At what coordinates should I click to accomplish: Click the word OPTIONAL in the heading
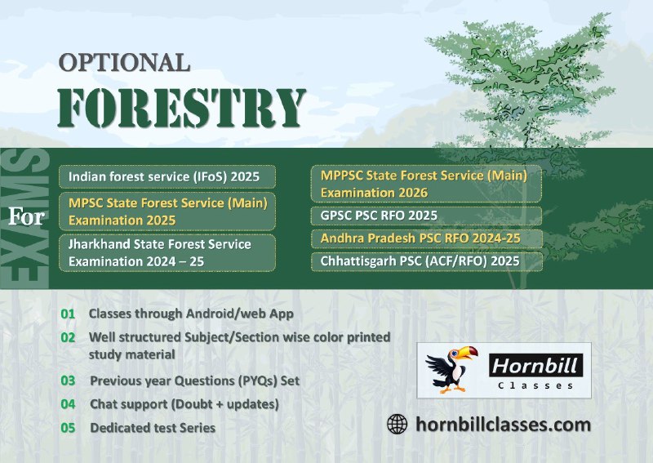[124, 62]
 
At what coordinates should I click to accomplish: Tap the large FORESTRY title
[181, 108]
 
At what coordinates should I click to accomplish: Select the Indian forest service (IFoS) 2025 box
[167, 176]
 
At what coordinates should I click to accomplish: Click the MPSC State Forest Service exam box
[167, 211]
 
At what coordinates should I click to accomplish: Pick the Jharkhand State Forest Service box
[167, 252]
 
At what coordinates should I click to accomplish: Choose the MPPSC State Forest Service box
[426, 184]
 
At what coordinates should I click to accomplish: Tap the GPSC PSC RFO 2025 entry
[426, 216]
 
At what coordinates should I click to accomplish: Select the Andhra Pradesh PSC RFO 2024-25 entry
[426, 238]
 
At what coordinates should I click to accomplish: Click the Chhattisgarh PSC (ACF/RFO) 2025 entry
[426, 261]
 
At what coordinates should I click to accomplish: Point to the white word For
[27, 216]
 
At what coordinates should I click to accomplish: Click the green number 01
[68, 314]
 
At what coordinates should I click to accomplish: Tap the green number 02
[68, 337]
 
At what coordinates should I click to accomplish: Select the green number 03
[68, 381]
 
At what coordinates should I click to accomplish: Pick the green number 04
[68, 404]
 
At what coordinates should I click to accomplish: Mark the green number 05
[68, 428]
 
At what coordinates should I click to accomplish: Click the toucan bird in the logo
[451, 369]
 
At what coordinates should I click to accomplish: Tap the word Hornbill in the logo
[535, 366]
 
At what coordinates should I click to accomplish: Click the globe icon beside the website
[397, 425]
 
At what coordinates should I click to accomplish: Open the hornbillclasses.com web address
[503, 425]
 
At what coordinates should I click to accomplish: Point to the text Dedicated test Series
[153, 428]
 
